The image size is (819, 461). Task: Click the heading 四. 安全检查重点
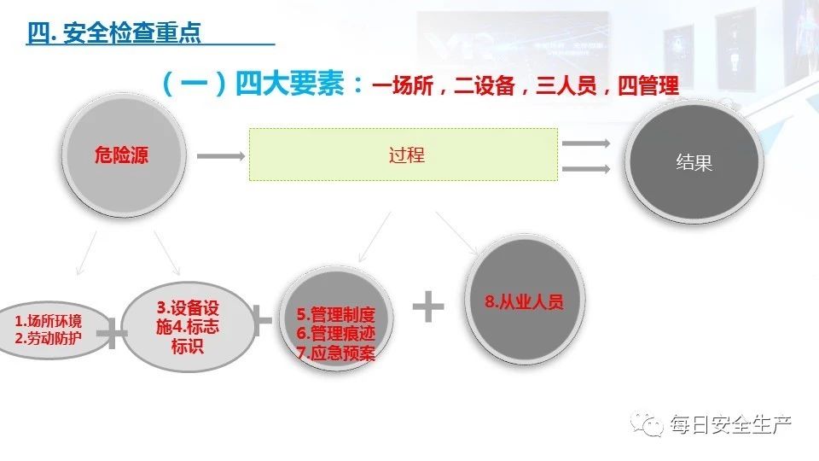click(x=113, y=33)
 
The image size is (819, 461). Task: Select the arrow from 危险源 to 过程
click(x=219, y=156)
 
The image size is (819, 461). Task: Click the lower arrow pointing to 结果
click(x=586, y=169)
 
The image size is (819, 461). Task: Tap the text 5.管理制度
click(x=335, y=314)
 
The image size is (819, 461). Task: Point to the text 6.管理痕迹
click(x=335, y=333)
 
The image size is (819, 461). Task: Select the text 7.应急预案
click(x=335, y=352)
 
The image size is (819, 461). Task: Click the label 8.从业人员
click(x=524, y=301)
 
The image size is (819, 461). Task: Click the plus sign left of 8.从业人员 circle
click(x=428, y=306)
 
